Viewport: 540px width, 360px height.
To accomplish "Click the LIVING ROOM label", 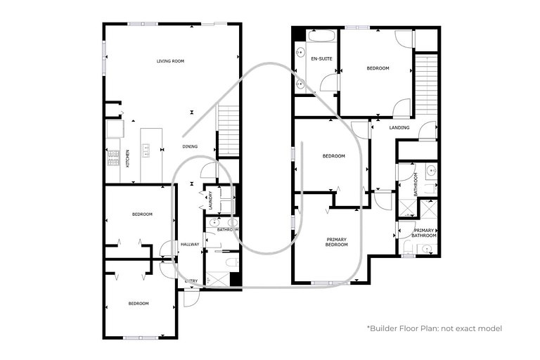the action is click(170, 61).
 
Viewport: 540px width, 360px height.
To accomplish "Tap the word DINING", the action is click(190, 146).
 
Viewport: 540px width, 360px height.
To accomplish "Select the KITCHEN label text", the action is click(128, 158).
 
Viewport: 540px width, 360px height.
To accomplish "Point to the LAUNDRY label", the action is click(210, 200).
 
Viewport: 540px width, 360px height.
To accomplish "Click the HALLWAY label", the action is click(190, 244).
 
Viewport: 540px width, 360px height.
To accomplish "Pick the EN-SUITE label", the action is click(321, 59).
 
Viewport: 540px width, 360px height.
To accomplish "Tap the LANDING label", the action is click(399, 127).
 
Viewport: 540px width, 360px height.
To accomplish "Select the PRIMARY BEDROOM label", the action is click(337, 242).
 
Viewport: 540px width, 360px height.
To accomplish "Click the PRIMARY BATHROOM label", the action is click(424, 233).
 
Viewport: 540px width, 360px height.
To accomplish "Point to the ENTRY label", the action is click(191, 281).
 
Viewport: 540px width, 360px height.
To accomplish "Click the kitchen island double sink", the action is click(146, 150).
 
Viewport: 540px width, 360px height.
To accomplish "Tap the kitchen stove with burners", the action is click(113, 158).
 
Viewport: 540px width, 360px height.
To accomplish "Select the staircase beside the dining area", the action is click(228, 131).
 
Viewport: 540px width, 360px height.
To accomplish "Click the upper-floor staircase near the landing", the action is click(426, 86).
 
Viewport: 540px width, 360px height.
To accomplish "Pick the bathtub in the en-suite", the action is click(322, 36).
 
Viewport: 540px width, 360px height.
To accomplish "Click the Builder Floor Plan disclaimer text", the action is click(435, 328).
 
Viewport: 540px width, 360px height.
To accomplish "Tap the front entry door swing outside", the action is click(191, 298).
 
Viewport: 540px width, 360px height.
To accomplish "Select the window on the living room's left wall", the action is click(104, 58).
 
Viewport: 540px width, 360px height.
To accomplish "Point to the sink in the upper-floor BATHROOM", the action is click(431, 170).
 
